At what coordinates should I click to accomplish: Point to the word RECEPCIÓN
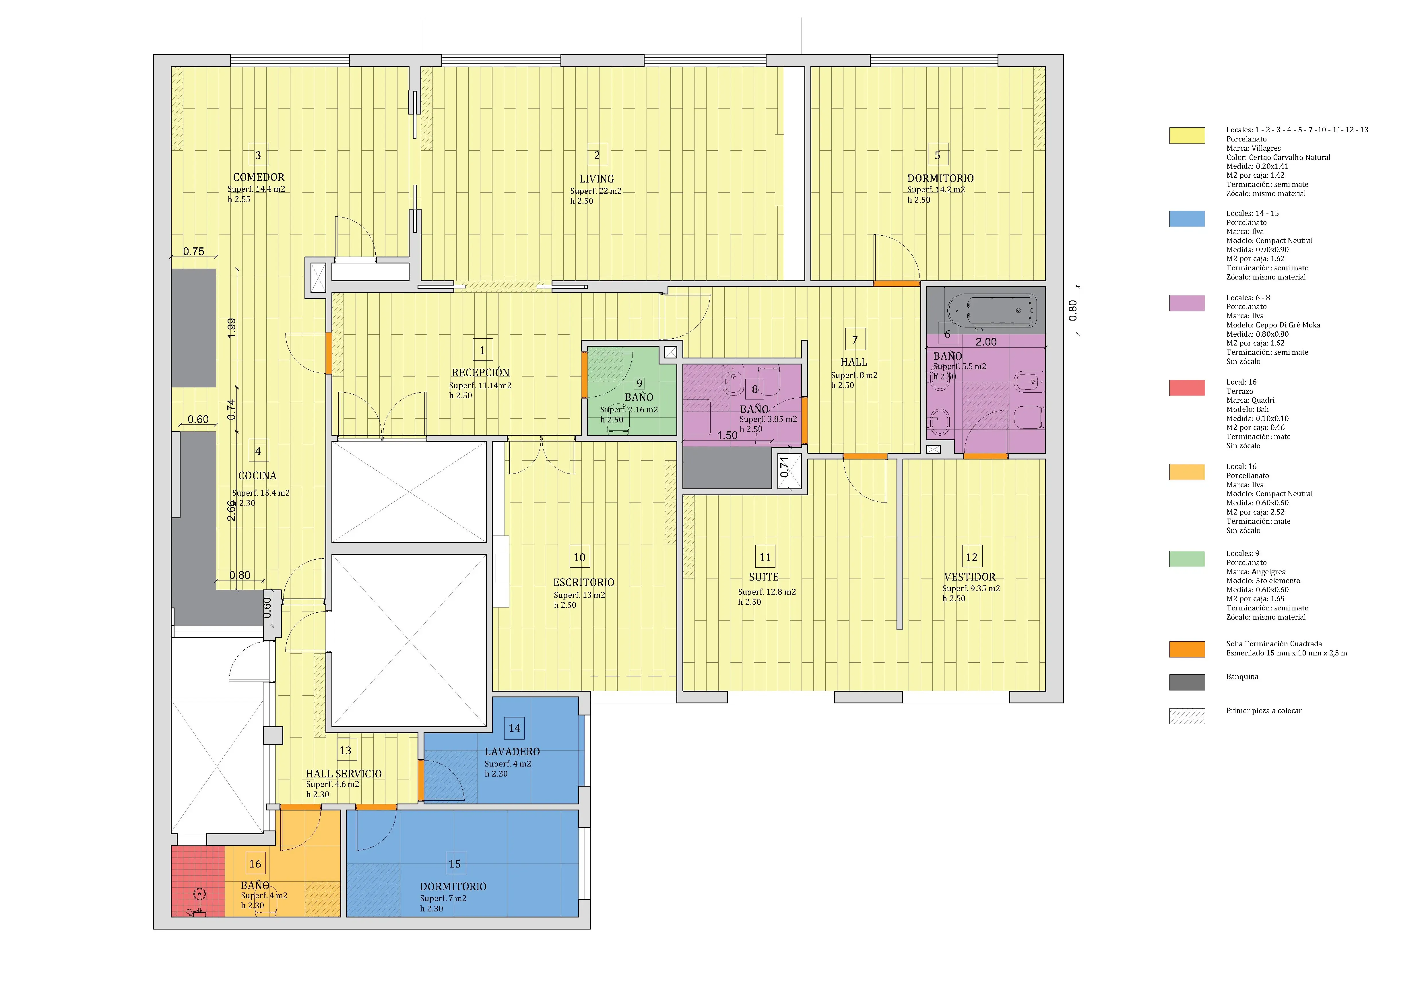tap(481, 373)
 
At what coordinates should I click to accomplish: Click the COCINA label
tap(257, 476)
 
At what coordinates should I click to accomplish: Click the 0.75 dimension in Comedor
tap(193, 251)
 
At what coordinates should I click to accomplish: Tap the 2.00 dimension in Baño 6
tap(986, 342)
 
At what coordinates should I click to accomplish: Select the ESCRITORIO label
tap(584, 582)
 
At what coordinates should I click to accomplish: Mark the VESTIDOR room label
tap(969, 577)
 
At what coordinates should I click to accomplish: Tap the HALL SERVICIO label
tap(344, 774)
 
